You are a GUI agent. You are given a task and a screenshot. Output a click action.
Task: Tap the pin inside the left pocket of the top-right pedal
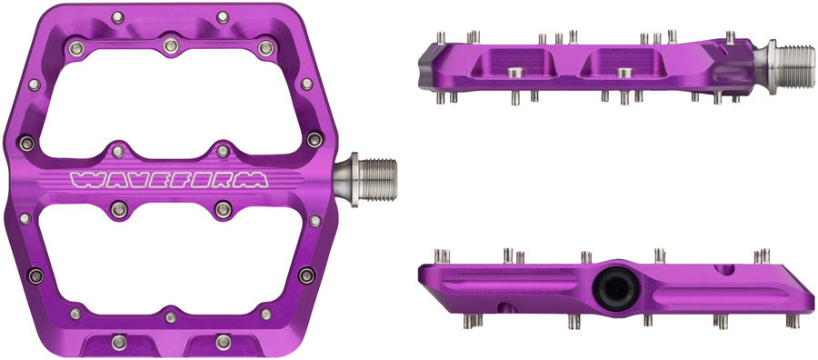[514, 71]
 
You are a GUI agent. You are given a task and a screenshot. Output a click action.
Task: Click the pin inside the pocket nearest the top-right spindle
[623, 71]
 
